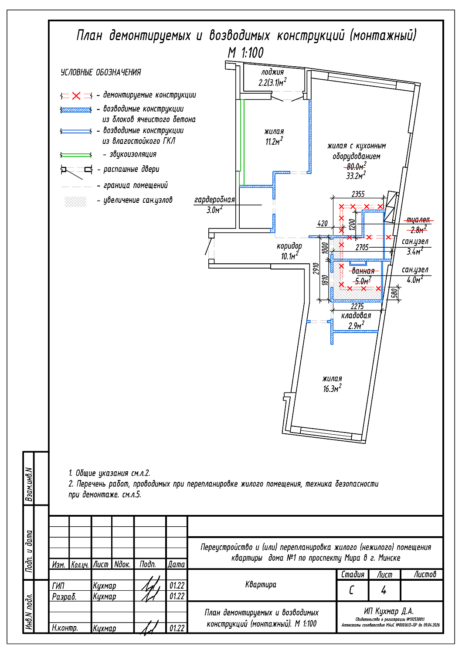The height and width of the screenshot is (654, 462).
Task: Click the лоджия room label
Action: click(272, 72)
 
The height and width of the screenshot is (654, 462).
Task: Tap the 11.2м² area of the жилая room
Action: click(274, 141)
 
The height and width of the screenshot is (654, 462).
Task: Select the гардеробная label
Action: click(214, 200)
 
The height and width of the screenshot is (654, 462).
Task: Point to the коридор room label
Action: click(289, 246)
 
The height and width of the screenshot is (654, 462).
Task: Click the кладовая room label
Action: click(356, 316)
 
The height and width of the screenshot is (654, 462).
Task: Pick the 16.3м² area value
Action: click(332, 388)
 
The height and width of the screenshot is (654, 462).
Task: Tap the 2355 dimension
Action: click(358, 194)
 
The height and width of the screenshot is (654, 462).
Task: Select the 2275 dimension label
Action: click(357, 307)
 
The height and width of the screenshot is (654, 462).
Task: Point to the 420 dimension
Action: click(323, 223)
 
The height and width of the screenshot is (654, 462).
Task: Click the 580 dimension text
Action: click(394, 293)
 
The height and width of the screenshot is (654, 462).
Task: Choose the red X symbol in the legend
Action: click(76, 96)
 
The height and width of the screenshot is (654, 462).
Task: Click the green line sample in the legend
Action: click(76, 154)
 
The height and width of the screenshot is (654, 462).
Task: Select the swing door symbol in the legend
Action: click(76, 170)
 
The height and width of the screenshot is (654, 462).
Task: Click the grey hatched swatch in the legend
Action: click(76, 201)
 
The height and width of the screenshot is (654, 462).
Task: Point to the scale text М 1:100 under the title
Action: click(246, 53)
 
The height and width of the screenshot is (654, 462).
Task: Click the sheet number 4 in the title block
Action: click(384, 590)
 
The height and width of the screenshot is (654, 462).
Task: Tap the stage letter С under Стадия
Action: click(352, 590)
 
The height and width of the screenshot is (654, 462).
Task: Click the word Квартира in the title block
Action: click(261, 585)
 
